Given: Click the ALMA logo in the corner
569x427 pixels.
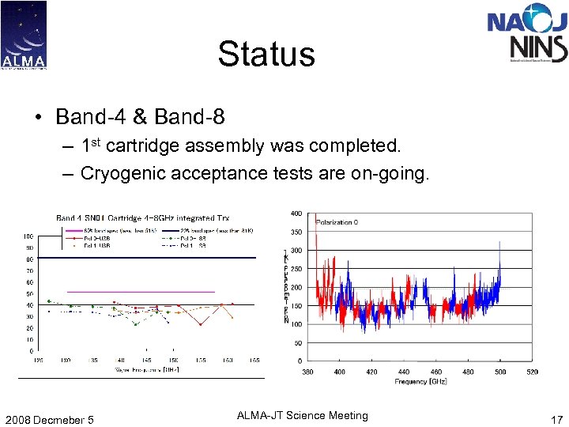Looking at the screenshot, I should point(24,35).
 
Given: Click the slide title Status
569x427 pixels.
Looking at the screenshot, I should point(266,55).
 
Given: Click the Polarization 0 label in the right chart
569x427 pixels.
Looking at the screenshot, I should point(337,222).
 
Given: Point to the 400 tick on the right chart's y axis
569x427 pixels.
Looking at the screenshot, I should point(296,214).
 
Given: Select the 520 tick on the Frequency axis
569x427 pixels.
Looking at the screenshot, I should point(532,372).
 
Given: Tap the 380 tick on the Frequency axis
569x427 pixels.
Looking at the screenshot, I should point(307,372).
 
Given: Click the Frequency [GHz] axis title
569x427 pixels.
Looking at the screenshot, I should point(420,382).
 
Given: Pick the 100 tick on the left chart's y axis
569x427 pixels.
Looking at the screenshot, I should point(28,236).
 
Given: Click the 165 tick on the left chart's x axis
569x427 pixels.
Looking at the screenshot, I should point(254,360).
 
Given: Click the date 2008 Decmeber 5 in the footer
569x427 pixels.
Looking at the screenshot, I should point(48,420).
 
